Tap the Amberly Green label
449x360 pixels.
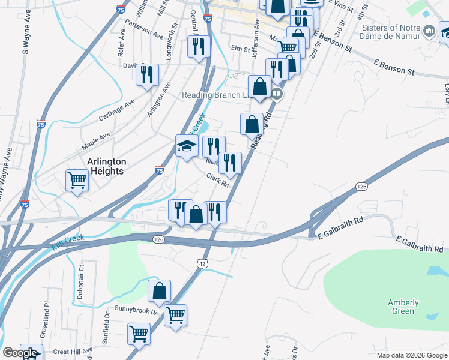tap(403, 307)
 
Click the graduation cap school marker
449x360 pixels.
tap(187, 146)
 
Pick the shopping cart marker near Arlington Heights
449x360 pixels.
tap(77, 180)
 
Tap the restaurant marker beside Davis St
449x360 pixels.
tap(147, 75)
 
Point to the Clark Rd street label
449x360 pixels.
tap(218, 179)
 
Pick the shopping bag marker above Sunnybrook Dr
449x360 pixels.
tap(160, 292)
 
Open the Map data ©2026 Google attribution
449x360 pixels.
tap(411, 355)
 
